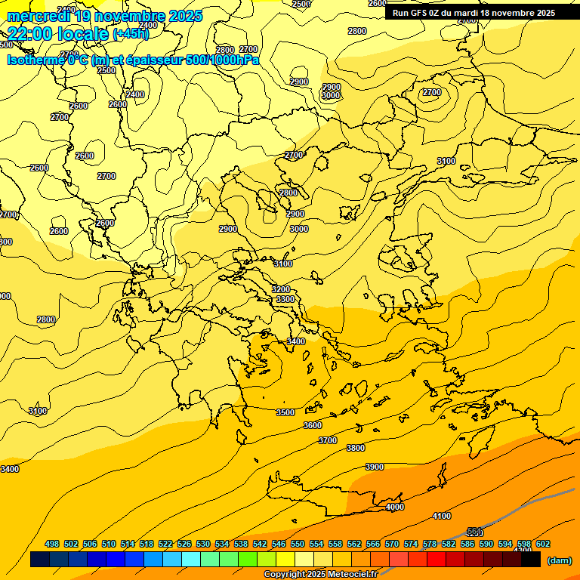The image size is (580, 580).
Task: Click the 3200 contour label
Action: coord(281,289)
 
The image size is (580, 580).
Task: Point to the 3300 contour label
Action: coord(285,300)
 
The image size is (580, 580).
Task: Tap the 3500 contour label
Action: coord(285,412)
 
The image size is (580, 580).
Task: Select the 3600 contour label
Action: coord(313,425)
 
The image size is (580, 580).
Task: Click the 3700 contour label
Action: coord(328,440)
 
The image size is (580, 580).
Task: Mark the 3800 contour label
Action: coord(356,448)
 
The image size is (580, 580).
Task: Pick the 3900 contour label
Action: coord(375,467)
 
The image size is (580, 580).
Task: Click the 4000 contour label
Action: coord(395,507)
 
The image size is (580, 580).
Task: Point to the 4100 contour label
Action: coord(442,516)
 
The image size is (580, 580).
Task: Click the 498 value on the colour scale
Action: coord(52,544)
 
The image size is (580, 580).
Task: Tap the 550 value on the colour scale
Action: coord(298,544)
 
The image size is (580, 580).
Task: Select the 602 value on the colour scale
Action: coord(543,544)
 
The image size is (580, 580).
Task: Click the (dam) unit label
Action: coord(560,560)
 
